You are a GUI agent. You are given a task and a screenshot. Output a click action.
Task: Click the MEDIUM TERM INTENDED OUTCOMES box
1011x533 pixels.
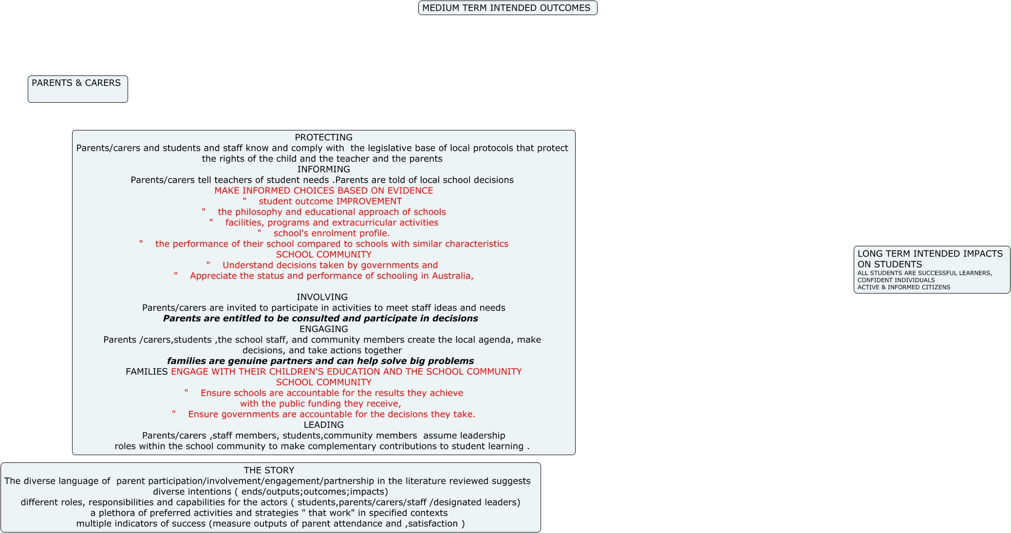point(507,8)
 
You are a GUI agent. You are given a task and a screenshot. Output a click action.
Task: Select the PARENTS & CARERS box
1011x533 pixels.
point(77,89)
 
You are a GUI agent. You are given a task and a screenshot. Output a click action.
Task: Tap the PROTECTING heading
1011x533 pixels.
point(323,138)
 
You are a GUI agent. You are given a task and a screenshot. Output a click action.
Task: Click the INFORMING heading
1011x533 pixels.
point(323,169)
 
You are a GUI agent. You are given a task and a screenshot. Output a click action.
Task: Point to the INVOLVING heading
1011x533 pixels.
point(322,297)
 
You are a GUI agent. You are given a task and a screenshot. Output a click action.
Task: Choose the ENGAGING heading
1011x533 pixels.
point(323,329)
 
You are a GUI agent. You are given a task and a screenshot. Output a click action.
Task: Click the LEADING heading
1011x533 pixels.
point(323,425)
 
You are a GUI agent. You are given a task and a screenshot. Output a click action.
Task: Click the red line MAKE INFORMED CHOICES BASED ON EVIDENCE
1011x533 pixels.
point(323,191)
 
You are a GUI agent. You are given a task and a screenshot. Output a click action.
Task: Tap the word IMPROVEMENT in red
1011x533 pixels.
point(369,202)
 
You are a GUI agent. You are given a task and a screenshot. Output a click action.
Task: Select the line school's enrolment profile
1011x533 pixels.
point(331,234)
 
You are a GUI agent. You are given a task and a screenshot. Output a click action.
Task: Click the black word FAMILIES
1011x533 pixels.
point(147,372)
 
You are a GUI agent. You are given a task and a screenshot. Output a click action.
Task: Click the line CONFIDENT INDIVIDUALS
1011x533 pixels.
point(896,280)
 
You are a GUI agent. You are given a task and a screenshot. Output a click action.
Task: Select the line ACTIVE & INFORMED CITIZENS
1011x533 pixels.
point(903,288)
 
